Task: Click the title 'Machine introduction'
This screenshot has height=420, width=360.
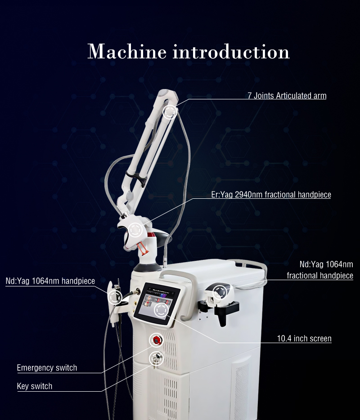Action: [x=189, y=51]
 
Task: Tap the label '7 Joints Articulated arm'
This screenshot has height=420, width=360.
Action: [x=287, y=96]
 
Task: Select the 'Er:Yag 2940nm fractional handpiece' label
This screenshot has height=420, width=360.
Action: [x=271, y=194]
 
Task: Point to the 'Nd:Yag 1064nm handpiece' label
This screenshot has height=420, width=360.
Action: [x=50, y=281]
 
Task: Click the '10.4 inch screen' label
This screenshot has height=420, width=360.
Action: [x=304, y=339]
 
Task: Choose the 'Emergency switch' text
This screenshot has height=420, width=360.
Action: [x=47, y=368]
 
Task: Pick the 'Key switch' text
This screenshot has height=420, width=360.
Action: [x=35, y=386]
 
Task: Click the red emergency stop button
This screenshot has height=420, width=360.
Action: [x=156, y=340]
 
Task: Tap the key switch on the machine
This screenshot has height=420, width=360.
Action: [x=156, y=358]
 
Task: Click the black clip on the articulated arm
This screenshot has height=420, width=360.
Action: [x=137, y=177]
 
